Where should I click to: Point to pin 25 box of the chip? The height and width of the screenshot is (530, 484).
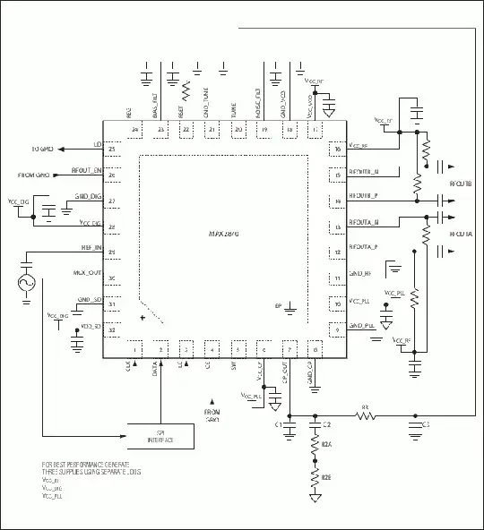(x=112, y=148)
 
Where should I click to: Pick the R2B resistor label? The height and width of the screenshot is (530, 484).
(x=328, y=480)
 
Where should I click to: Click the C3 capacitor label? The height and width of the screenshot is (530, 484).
(x=426, y=423)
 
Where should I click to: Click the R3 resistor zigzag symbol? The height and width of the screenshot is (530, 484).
(x=365, y=415)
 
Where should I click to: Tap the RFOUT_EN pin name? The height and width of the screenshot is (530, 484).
(x=88, y=169)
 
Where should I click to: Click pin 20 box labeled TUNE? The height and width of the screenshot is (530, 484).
(x=238, y=130)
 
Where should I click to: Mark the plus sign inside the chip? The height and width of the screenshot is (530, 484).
(x=143, y=317)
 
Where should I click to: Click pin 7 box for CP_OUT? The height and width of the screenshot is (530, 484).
(x=289, y=349)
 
